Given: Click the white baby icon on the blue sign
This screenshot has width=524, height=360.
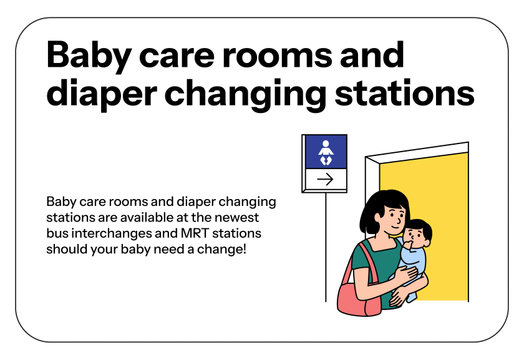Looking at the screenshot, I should tap(324, 153).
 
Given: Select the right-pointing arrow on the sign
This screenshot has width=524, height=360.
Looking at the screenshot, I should tap(324, 180).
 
